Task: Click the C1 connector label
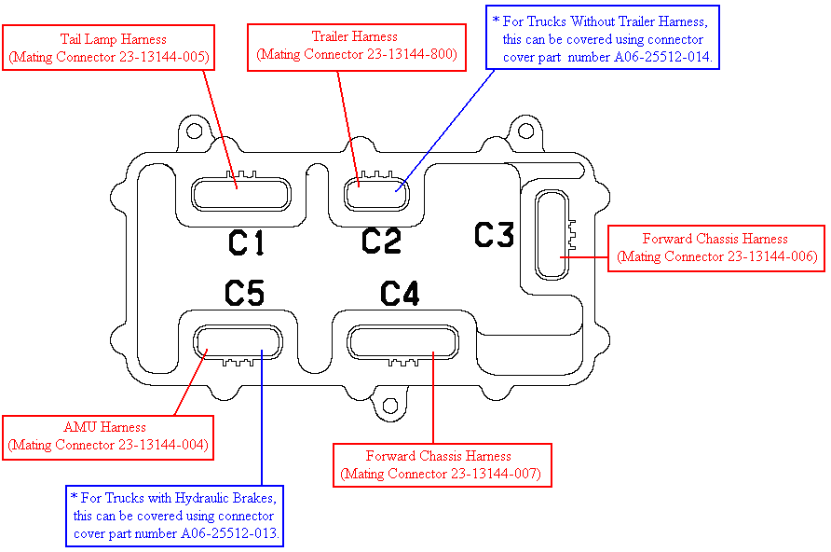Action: pyautogui.click(x=247, y=243)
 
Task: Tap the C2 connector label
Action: pyautogui.click(x=380, y=241)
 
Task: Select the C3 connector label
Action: pyautogui.click(x=494, y=235)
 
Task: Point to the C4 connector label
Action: pyautogui.click(x=400, y=295)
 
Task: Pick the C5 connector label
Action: pyautogui.click(x=245, y=295)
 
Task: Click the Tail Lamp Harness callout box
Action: pyautogui.click(x=110, y=48)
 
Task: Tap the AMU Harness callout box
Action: pyautogui.click(x=108, y=436)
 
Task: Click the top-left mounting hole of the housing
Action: pyautogui.click(x=195, y=131)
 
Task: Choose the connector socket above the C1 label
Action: pyautogui.click(x=240, y=194)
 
